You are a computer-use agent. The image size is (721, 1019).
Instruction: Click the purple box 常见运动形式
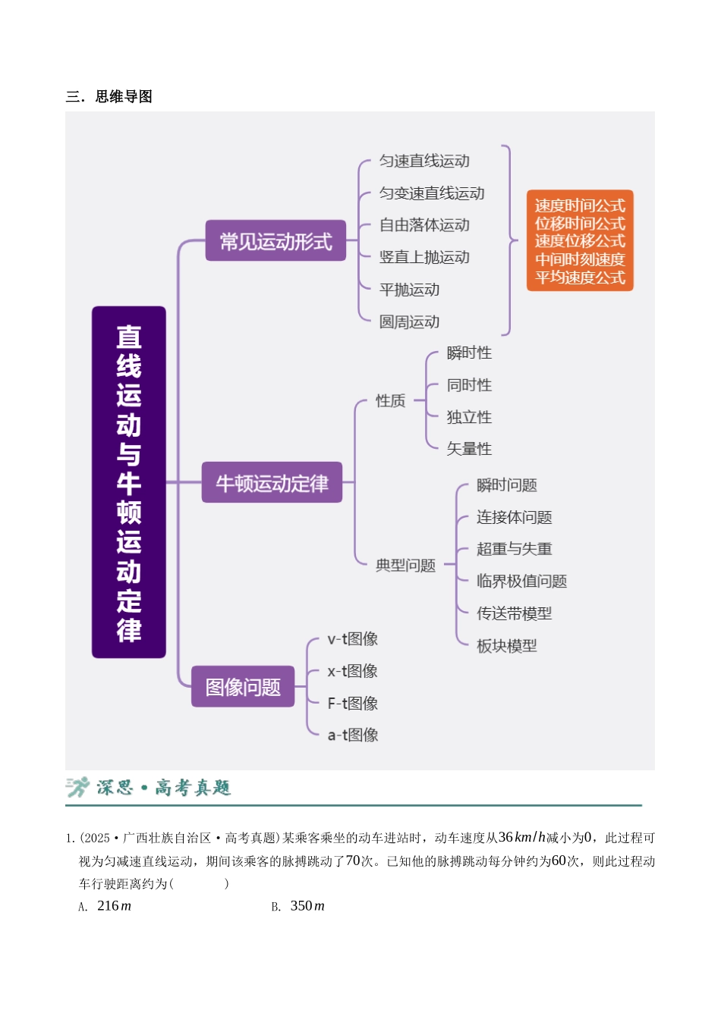click(275, 240)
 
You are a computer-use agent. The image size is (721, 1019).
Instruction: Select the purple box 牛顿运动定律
click(272, 482)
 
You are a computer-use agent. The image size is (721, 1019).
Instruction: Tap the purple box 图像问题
click(243, 686)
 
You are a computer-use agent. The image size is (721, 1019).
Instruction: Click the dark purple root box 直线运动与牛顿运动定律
click(129, 482)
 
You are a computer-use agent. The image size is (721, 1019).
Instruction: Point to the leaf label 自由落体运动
click(424, 225)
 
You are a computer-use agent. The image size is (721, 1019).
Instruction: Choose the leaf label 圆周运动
click(409, 322)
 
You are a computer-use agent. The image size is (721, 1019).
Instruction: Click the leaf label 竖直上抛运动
click(424, 258)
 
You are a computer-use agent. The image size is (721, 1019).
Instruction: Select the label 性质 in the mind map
click(390, 401)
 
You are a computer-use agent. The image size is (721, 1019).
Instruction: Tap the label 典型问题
click(405, 565)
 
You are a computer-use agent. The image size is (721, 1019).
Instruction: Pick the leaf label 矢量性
click(469, 449)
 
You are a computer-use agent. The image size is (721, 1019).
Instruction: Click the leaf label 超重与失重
click(515, 549)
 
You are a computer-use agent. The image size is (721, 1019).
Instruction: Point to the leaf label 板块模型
click(507, 646)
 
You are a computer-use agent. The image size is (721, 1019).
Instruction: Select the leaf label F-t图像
click(352, 704)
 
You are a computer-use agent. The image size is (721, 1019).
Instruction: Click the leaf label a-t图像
click(352, 735)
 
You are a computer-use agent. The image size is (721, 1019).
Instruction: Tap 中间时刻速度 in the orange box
click(580, 259)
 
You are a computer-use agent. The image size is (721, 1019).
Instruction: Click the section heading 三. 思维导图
click(109, 96)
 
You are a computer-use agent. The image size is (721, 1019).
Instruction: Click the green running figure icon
click(77, 788)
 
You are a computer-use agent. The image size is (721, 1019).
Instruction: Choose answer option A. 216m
click(105, 906)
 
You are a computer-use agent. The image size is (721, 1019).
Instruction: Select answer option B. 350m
click(298, 906)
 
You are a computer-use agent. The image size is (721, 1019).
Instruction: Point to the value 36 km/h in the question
click(521, 838)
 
